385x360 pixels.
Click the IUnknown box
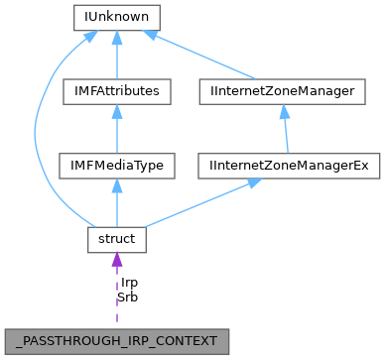pos(117,18)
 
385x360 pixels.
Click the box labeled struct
pos(117,239)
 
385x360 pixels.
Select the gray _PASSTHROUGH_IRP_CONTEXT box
pos(117,338)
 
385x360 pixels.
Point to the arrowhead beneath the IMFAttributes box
pos(117,111)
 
